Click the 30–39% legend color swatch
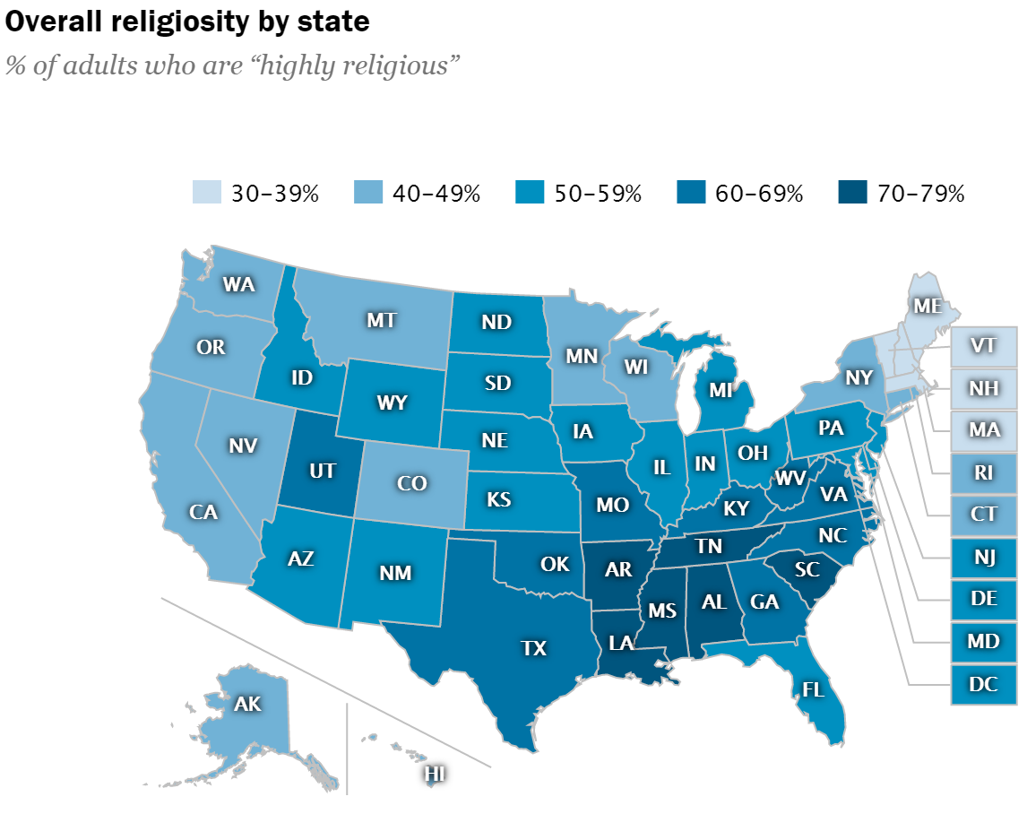[205, 193]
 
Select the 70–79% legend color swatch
[850, 193]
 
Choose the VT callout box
[983, 343]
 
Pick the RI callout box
[983, 472]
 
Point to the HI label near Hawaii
[435, 772]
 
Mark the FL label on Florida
[813, 690]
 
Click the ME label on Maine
[928, 306]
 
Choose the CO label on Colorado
[411, 483]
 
